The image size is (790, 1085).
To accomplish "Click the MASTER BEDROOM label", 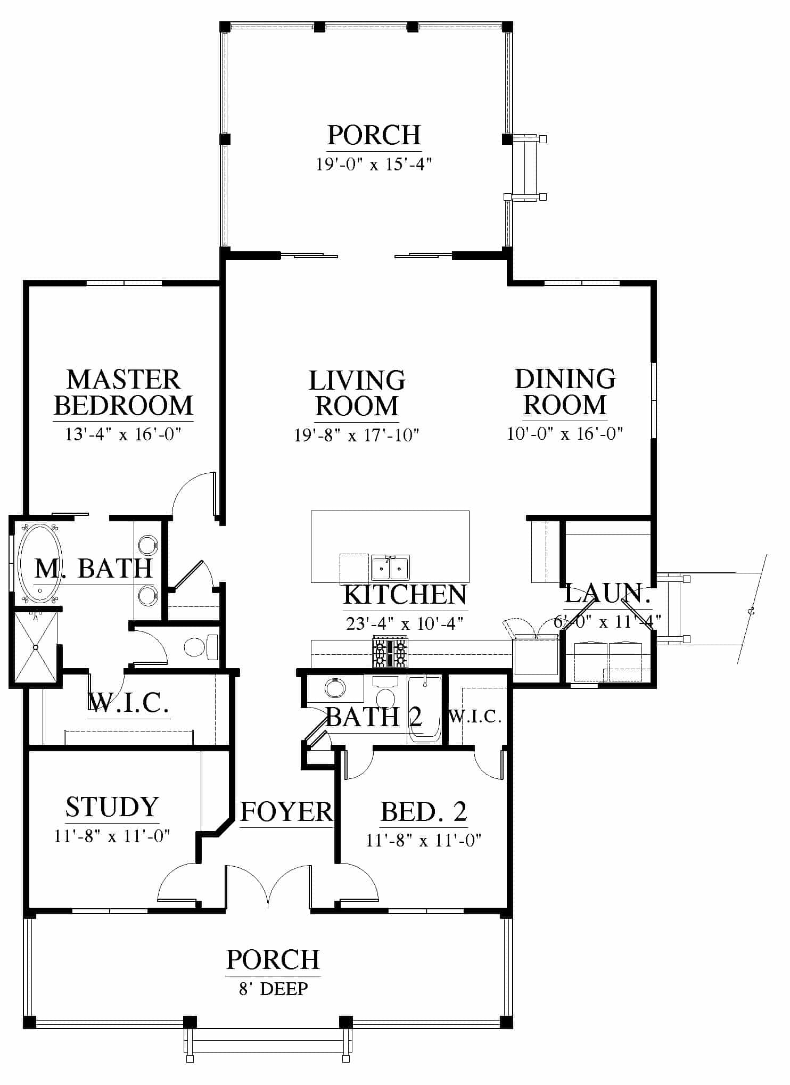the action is [x=124, y=392].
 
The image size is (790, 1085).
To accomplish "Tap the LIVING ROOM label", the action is [x=357, y=393].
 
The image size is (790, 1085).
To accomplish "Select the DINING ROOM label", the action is [x=565, y=391].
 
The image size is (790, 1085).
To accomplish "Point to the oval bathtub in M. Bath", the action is [x=40, y=563].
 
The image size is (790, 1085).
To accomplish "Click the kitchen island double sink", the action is [x=390, y=568].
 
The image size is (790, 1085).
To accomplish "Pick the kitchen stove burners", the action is [x=390, y=653].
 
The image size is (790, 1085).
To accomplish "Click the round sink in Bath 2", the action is [x=335, y=688].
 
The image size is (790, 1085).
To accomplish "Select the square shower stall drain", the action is [x=36, y=647].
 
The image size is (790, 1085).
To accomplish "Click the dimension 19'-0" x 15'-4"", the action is [x=373, y=165].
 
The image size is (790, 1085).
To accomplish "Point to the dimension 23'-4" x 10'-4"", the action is [x=405, y=623].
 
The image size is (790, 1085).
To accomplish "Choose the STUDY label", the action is [x=112, y=807].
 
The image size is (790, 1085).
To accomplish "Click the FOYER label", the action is [x=286, y=812].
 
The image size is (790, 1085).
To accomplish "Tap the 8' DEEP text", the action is [x=273, y=989].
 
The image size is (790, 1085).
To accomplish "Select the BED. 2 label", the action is [x=424, y=811].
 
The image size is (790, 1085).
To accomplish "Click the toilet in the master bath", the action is [x=201, y=647].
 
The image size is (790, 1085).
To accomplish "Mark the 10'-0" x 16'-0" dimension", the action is [x=565, y=433].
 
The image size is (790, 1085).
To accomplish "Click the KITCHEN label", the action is [x=405, y=595].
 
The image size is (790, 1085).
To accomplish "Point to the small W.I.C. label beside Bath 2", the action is [x=475, y=717].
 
